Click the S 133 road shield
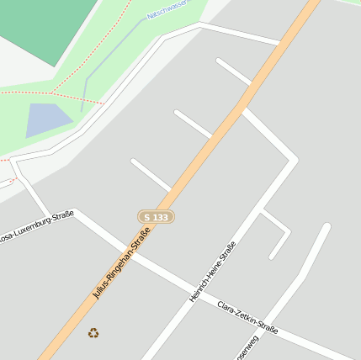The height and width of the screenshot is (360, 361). pyautogui.click(x=156, y=217)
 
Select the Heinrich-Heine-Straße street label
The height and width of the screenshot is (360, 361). pyautogui.click(x=213, y=272)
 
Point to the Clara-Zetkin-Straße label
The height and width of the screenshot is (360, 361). pyautogui.click(x=247, y=317)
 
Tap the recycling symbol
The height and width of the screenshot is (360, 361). pyautogui.click(x=93, y=332)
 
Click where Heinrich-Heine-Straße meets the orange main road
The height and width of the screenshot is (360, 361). pyautogui.click(x=244, y=108)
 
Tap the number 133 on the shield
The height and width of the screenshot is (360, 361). pyautogui.click(x=161, y=217)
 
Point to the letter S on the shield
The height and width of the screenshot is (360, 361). pyautogui.click(x=147, y=217)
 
